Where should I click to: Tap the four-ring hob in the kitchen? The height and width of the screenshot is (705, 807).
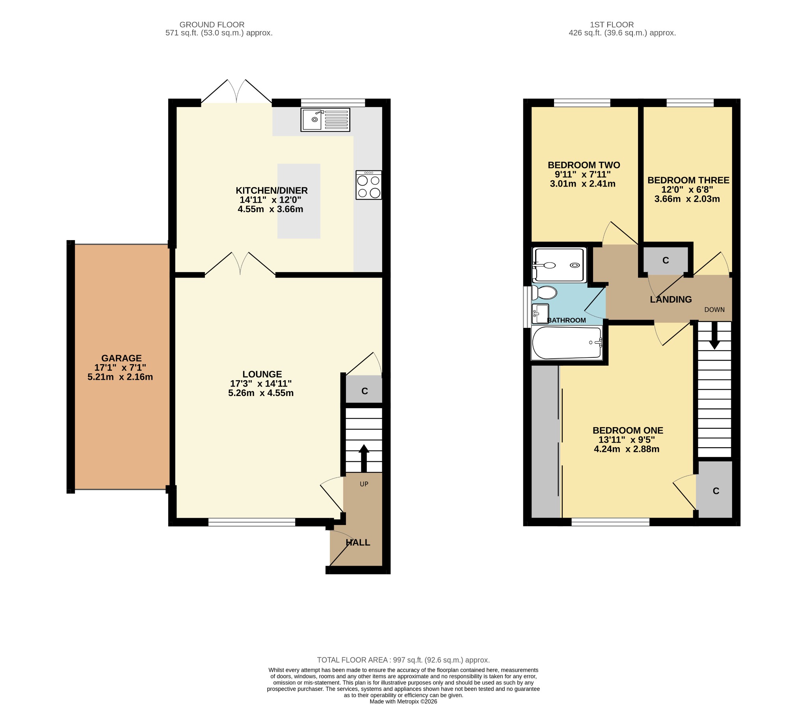(369, 185)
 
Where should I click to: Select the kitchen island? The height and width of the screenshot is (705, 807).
(299, 201)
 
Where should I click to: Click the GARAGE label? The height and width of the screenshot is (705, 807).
(121, 358)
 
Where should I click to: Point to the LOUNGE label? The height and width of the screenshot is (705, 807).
(262, 374)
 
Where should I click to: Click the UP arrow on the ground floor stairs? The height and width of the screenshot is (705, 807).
(364, 458)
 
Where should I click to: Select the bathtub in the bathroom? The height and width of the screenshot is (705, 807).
(567, 343)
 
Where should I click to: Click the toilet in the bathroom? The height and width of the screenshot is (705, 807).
(544, 293)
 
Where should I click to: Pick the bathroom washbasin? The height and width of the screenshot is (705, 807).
(540, 314)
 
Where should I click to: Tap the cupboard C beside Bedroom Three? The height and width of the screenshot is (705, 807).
(666, 260)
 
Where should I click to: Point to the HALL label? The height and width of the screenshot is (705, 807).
(358, 542)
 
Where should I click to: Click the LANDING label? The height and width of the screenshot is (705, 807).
(671, 300)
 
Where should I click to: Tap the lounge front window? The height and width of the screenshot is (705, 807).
(252, 522)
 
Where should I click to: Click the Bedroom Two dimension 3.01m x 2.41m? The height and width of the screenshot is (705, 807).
(582, 184)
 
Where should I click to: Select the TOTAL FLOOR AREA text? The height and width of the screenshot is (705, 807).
(403, 660)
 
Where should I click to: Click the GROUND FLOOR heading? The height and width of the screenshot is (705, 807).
(212, 25)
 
